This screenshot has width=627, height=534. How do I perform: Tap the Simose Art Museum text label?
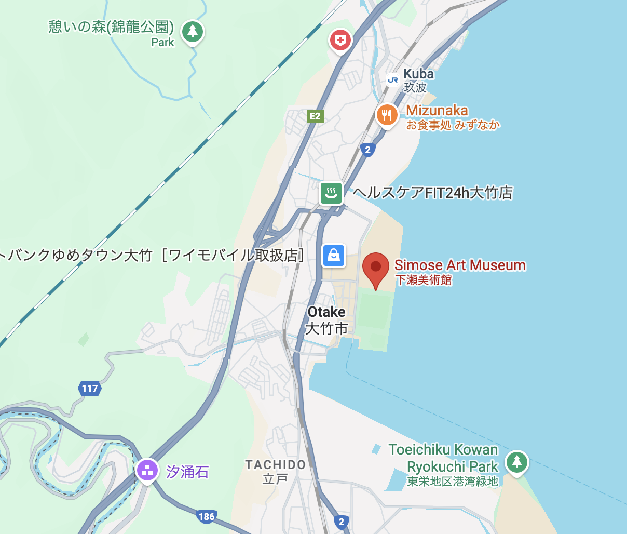tap(460, 265)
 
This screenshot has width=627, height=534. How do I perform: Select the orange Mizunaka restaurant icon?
tap(387, 115)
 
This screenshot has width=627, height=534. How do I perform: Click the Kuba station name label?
tap(418, 74)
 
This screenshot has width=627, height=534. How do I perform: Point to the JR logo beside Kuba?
tap(393, 79)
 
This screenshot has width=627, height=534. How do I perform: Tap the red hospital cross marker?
tap(340, 39)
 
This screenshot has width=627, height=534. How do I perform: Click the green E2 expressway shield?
tap(315, 116)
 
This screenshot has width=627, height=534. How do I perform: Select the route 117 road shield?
tap(90, 388)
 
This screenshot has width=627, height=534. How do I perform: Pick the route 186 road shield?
tap(206, 516)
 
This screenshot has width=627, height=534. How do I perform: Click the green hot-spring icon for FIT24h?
tap(331, 193)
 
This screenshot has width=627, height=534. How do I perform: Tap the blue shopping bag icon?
tap(334, 255)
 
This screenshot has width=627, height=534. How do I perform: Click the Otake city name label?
tap(326, 312)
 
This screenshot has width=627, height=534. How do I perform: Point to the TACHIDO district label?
tap(275, 465)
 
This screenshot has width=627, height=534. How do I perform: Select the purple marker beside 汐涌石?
tap(147, 470)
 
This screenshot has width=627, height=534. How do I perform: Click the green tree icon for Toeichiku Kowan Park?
tap(516, 461)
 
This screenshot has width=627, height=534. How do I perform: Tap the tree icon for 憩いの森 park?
tap(193, 31)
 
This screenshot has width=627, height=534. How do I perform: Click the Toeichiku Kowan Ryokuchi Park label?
tap(444, 458)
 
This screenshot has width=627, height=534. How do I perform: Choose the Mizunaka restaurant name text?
tap(437, 110)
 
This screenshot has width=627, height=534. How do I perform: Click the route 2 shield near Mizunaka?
tap(367, 150)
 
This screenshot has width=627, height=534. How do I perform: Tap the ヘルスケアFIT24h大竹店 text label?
tap(433, 193)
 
